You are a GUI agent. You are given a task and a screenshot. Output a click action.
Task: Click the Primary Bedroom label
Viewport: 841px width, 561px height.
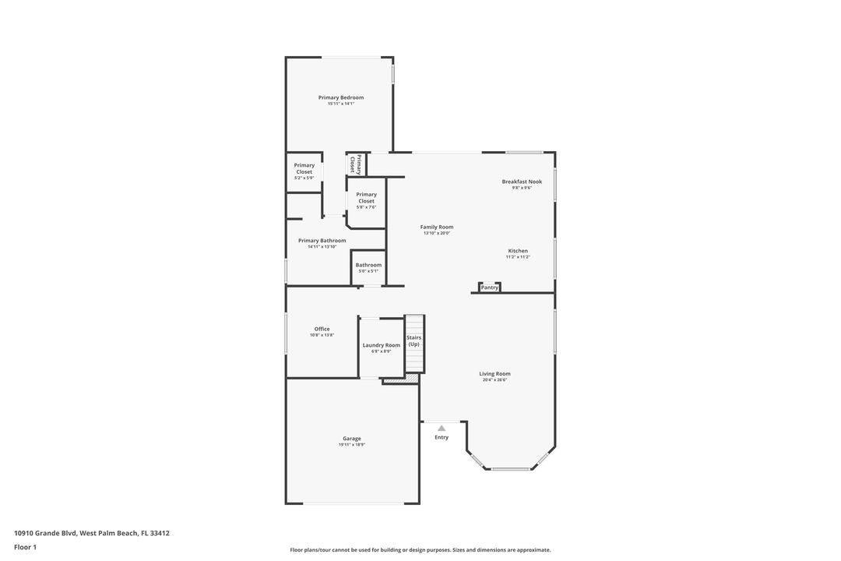pos(341,97)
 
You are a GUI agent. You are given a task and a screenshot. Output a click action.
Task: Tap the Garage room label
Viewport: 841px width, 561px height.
pos(352,439)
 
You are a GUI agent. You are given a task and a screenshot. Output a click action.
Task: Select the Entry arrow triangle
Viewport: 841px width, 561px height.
pos(442,428)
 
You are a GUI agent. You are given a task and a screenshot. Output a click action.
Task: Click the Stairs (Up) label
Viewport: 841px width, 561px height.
pos(413,340)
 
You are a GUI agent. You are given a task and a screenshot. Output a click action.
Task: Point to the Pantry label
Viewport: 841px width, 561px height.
pos(490,288)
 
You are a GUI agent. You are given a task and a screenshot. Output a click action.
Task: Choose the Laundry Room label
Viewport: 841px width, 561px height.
pos(382,345)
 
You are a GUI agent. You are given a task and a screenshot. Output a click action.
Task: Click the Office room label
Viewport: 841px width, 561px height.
pos(322,329)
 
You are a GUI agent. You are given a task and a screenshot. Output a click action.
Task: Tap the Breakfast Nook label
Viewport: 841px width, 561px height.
pos(522,182)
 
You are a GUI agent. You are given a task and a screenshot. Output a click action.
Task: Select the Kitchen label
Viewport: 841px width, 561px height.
pos(517,251)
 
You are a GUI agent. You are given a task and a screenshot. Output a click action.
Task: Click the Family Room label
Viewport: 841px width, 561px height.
pos(437,227)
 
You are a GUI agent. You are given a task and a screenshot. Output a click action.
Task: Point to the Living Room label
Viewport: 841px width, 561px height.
pos(494,374)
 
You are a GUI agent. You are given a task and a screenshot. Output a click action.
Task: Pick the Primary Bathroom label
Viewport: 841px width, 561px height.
pos(322,241)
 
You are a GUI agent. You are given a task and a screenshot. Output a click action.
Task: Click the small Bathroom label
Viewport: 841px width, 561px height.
pos(368,265)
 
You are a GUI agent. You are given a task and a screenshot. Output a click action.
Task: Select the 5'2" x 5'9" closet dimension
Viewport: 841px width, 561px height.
pos(304,178)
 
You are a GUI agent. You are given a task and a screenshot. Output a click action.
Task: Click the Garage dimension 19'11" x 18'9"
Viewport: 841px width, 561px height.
pos(352,445)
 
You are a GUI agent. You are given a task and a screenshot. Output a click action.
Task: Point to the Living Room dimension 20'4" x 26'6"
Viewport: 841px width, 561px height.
pos(494,380)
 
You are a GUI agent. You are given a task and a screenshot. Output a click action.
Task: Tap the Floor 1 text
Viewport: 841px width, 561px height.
pos(25,547)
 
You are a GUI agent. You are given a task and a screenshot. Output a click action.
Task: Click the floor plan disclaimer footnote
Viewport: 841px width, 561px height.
pos(420,549)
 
